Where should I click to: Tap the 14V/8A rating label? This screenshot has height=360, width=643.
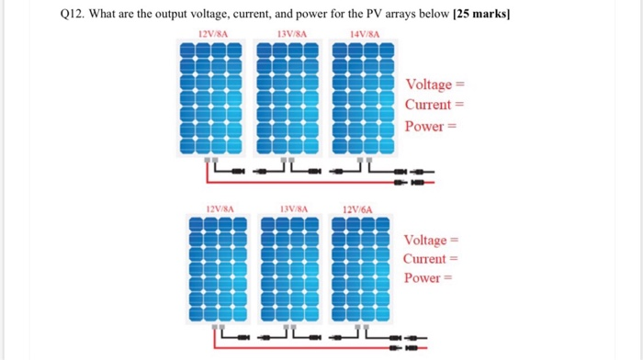tap(365, 35)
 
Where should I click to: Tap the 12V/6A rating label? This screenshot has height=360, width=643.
tap(356, 209)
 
